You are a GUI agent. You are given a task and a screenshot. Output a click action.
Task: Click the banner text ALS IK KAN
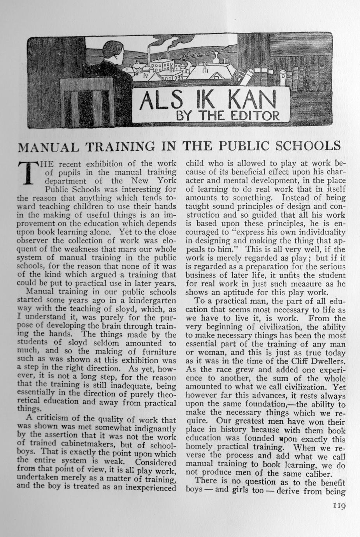tap(206, 100)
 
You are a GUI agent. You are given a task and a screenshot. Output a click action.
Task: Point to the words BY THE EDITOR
tap(227, 116)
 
